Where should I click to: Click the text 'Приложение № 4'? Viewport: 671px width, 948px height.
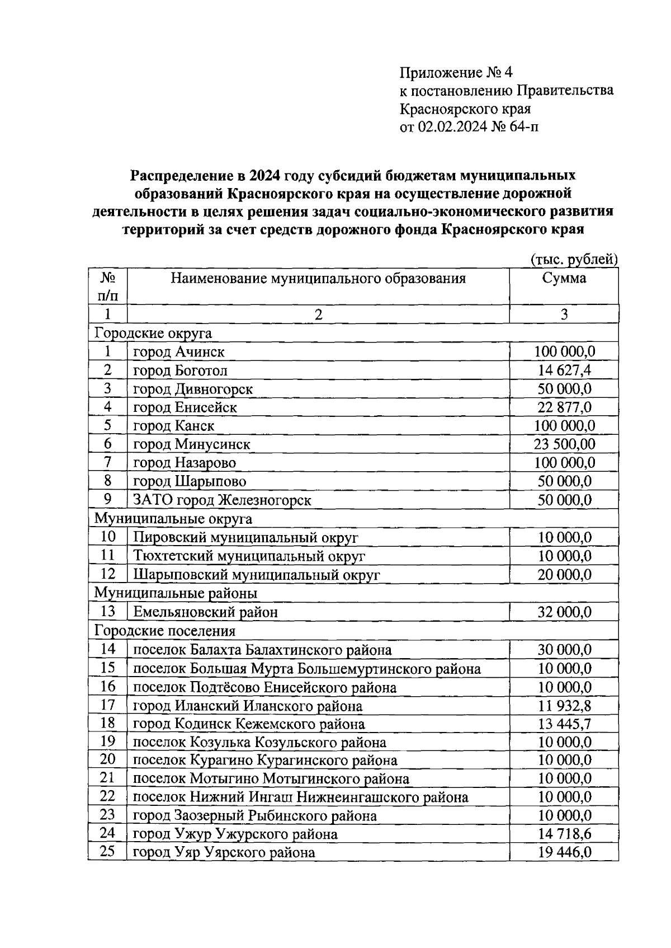coord(456,73)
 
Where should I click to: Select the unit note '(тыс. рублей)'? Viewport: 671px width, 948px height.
coord(573,260)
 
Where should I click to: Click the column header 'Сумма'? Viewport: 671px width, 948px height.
coord(564,278)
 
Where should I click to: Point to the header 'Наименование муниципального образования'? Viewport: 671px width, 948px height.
coord(318,278)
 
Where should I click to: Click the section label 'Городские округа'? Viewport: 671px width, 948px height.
coord(153,334)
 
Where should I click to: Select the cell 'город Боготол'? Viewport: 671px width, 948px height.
coord(180,370)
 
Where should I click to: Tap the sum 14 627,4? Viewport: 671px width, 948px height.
coord(564,370)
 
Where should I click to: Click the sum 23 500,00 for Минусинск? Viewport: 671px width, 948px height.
coord(564,444)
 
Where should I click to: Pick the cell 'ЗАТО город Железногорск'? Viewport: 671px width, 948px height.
coord(222,500)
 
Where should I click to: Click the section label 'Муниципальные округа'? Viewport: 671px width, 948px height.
coord(173,518)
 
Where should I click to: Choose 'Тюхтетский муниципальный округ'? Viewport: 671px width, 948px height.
coord(249,556)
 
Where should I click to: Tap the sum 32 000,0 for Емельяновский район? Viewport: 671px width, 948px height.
coord(564,612)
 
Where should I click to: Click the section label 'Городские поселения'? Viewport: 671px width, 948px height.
coord(164,631)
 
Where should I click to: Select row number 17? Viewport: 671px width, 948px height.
coord(107,705)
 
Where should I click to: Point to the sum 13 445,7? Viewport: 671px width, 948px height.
coord(564,724)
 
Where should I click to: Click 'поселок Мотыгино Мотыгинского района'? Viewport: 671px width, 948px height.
coord(271,778)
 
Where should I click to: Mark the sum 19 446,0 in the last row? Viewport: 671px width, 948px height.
coord(564,852)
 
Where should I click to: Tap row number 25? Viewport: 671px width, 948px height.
coord(107,852)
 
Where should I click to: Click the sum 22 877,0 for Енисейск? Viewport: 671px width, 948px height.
coord(564,407)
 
